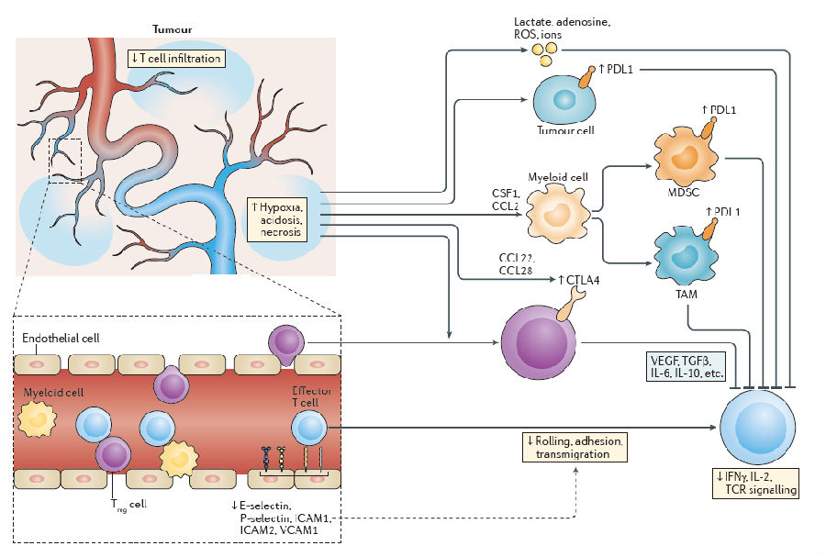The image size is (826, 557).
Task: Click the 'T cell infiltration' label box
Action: tap(176, 58)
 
